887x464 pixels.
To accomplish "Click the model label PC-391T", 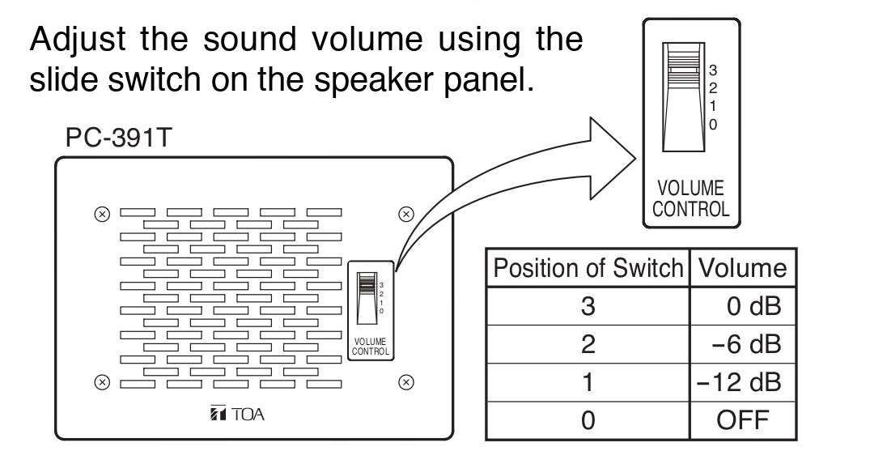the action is (x=117, y=138).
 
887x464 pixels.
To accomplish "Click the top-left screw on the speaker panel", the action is (x=102, y=214).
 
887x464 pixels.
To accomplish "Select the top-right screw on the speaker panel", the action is (x=406, y=214).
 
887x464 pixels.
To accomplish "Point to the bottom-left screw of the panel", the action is (x=102, y=382).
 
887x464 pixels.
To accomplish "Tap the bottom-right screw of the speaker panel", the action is (x=406, y=382).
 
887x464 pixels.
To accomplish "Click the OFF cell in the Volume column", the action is (x=742, y=420).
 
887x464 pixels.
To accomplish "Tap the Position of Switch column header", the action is (x=588, y=268).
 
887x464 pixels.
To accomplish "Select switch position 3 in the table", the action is (x=588, y=306).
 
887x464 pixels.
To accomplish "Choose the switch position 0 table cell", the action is (x=588, y=420).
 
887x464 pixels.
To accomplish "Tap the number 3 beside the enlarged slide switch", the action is (x=713, y=70).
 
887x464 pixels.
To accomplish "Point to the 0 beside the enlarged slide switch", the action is (x=713, y=125).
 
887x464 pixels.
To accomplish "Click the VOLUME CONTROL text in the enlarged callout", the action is (x=690, y=198).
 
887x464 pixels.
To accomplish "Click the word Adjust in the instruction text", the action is (x=78, y=40).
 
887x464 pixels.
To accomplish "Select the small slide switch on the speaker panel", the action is (x=367, y=298).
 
